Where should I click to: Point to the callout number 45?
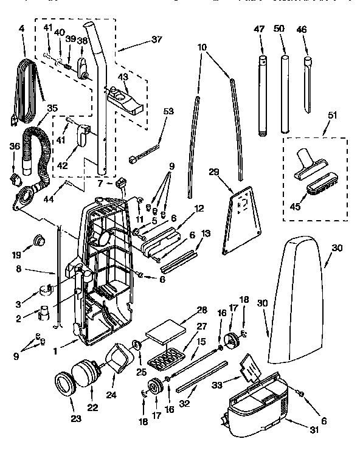click(x=296, y=207)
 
